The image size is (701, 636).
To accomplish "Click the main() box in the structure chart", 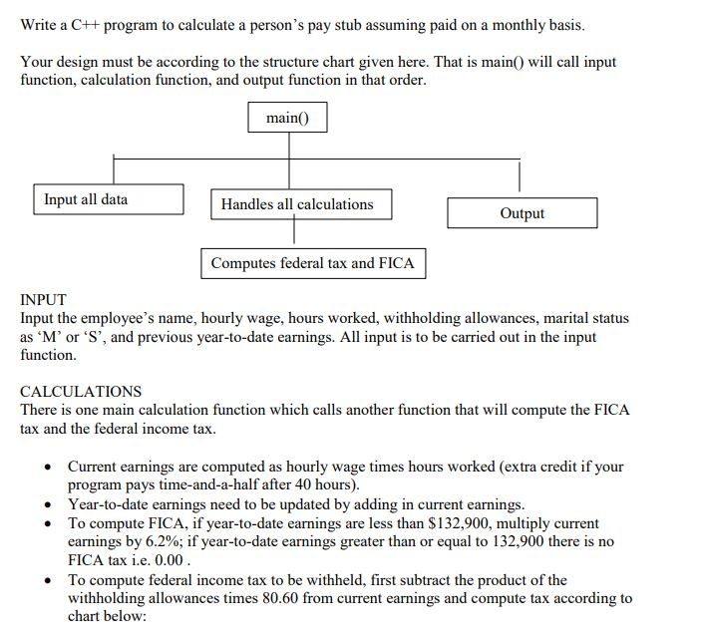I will click(288, 119).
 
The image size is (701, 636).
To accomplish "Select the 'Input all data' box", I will click(109, 199).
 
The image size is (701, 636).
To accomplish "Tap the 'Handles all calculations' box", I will click(300, 204).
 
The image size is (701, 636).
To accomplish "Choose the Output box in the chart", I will click(522, 213).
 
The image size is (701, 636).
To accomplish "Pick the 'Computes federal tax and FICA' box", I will click(313, 263).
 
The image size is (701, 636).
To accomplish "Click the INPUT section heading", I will click(44, 299).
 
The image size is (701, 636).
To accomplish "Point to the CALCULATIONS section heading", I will click(81, 391).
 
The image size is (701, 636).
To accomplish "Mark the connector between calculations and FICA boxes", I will click(294, 233).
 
